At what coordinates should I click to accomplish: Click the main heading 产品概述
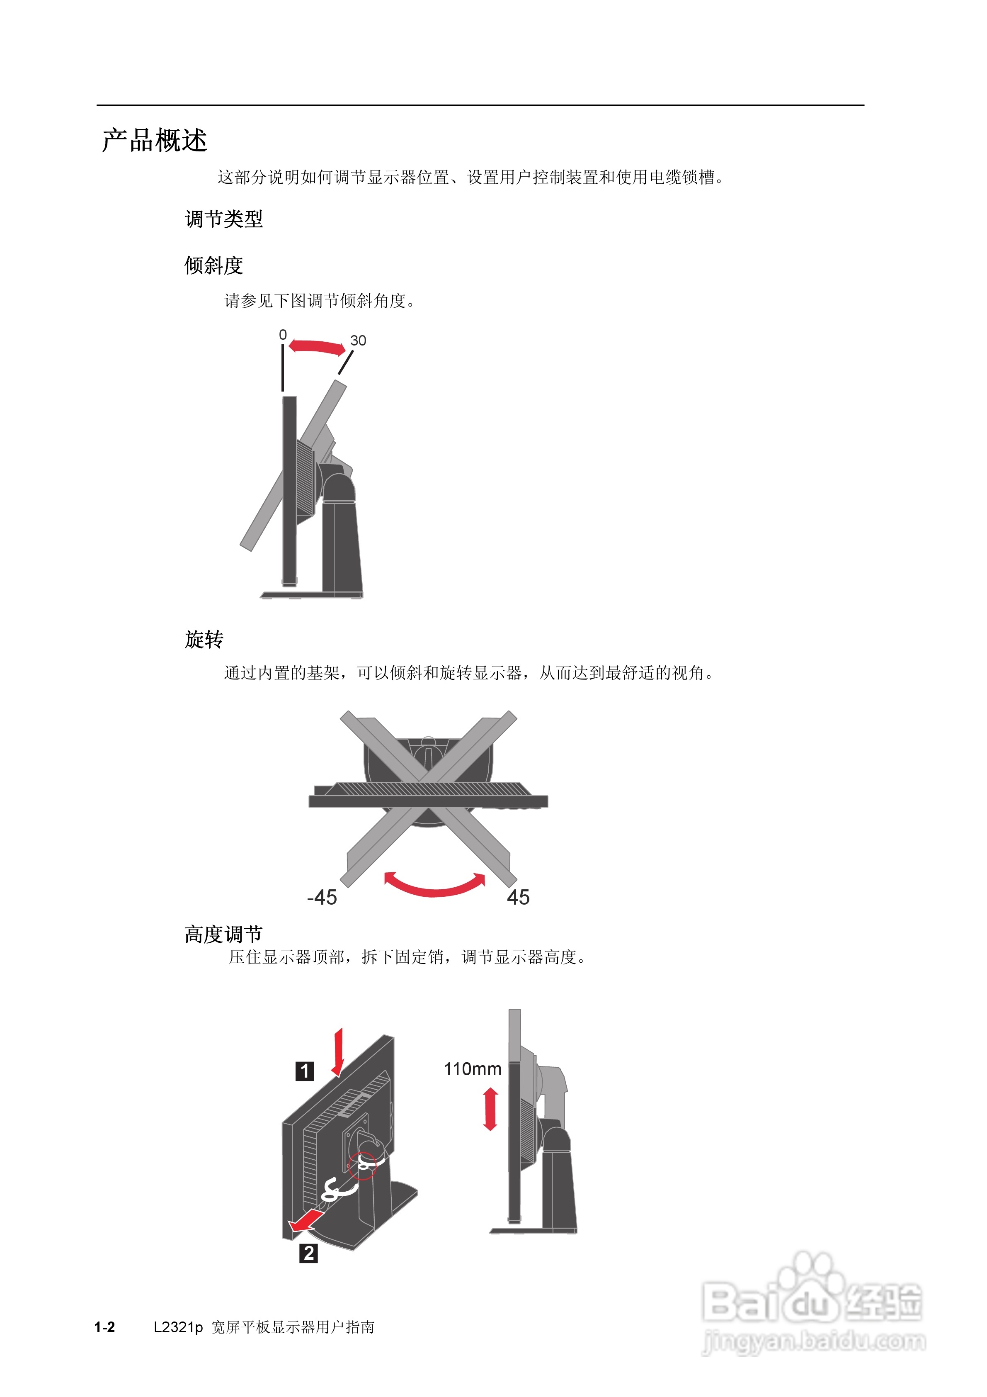[155, 141]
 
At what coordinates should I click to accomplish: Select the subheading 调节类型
[224, 219]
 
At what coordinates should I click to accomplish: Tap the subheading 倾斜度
[214, 265]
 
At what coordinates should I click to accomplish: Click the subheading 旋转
[204, 640]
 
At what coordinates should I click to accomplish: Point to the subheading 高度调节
[224, 934]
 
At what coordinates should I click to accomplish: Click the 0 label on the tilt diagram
[283, 335]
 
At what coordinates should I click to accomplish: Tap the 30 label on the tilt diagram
[358, 341]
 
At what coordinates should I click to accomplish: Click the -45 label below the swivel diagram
[322, 898]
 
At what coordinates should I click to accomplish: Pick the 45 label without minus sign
[518, 898]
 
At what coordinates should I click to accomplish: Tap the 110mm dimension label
[473, 1069]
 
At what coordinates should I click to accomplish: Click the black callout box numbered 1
[305, 1071]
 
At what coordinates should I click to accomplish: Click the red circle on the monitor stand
[362, 1165]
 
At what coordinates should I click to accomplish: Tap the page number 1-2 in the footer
[104, 1328]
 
